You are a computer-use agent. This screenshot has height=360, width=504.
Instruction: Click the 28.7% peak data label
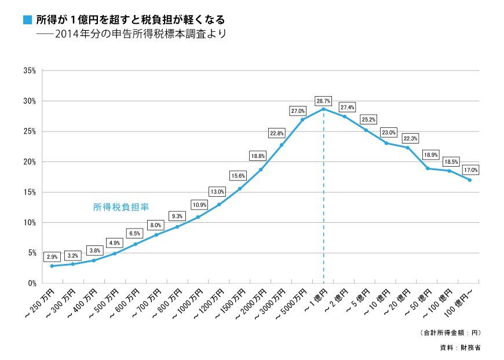[323, 101]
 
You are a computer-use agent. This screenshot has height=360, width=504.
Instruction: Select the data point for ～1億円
[323, 109]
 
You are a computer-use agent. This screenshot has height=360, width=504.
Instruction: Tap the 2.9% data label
[52, 256]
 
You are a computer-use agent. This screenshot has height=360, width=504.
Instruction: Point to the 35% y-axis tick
[29, 71]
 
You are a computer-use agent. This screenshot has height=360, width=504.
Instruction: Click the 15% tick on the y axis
[29, 192]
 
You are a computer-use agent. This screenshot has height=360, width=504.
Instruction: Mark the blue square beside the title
[27, 20]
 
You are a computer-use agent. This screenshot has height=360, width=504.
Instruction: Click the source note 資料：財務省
[460, 348]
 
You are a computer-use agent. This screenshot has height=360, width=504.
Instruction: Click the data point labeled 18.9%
[428, 168]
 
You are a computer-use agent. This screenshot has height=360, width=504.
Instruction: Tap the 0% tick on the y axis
[31, 283]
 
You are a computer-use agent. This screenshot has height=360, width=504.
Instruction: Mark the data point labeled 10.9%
[198, 217]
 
